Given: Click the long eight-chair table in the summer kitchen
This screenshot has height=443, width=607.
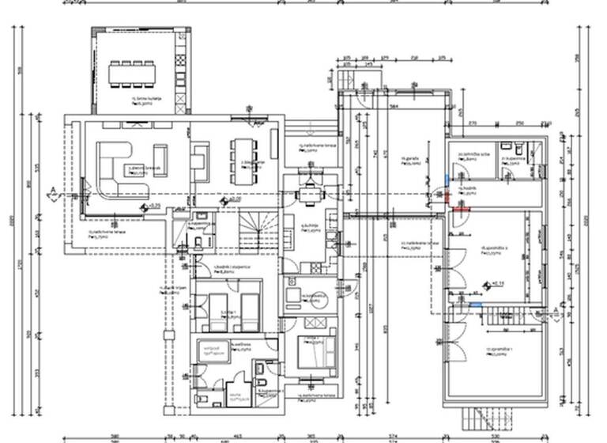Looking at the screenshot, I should tap(132, 74).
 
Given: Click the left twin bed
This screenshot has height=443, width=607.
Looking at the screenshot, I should tap(217, 311).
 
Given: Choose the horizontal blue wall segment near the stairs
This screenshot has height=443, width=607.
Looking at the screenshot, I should tap(474, 305).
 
